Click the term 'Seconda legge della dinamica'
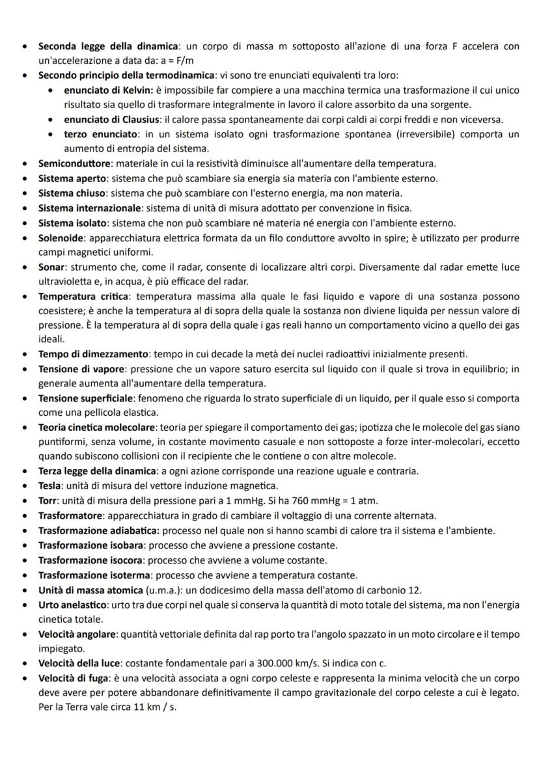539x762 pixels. pos(107,46)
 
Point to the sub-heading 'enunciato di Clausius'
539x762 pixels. pos(111,119)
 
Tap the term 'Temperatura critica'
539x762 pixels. pos(83,296)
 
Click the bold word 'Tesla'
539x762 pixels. pos(51,485)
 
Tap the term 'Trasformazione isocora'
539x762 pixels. pos(91,560)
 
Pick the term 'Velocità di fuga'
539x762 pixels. pos(76,678)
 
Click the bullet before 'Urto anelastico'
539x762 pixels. pos(24,605)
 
